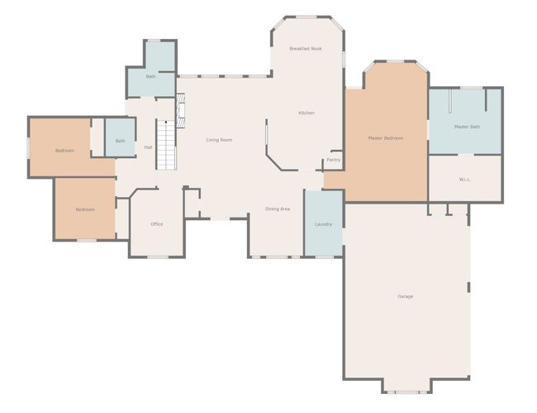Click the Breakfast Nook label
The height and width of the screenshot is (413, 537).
tap(306, 49)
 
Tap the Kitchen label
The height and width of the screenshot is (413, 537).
tap(307, 113)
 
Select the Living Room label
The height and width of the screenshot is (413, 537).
tap(219, 140)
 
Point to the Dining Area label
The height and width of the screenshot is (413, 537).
tap(278, 209)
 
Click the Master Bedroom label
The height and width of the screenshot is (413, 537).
tap(386, 138)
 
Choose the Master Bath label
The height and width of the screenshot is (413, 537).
tap(467, 127)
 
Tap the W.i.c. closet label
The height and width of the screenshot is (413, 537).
tap(464, 180)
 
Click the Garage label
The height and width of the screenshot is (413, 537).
tap(405, 296)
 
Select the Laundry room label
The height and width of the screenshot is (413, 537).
tap(323, 224)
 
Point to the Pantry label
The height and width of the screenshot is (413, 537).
tap(333, 161)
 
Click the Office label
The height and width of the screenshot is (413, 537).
tap(157, 224)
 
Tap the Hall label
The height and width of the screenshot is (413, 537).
tap(148, 147)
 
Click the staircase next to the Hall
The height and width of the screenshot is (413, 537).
tap(166, 145)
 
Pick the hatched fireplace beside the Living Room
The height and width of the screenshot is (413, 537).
tap(180, 111)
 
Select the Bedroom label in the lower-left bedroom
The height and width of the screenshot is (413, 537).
tap(85, 209)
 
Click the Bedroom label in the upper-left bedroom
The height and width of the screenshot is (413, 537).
tap(64, 151)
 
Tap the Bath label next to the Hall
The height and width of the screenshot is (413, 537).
tap(121, 141)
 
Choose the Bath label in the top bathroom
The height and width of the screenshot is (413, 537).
tap(150, 76)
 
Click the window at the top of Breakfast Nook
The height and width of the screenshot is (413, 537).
tap(306, 17)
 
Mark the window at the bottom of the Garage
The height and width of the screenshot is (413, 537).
tap(406, 392)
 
